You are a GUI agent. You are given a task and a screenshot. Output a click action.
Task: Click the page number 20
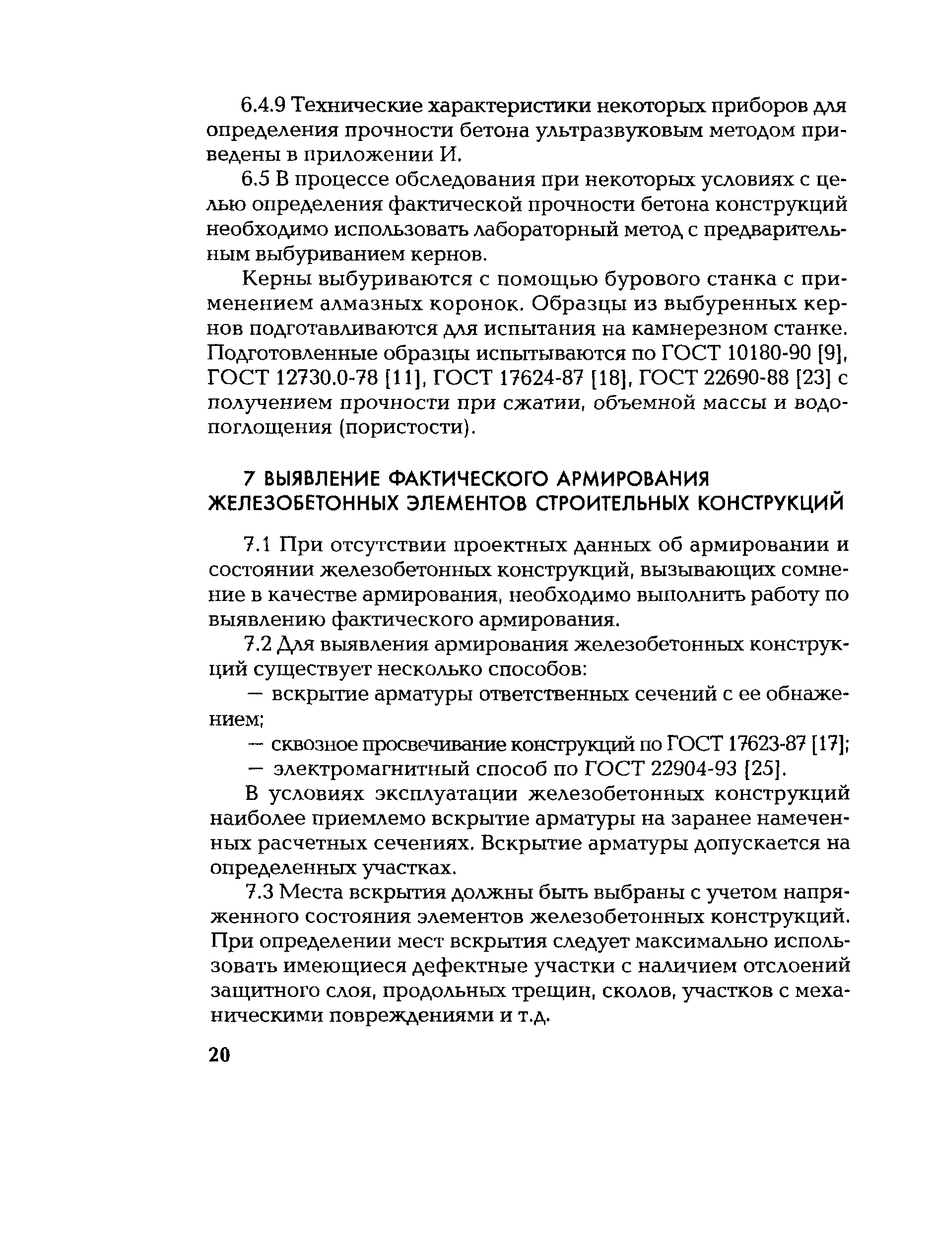pyautogui.click(x=219, y=1055)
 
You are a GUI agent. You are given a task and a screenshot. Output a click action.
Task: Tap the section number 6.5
pyautogui.click(x=257, y=180)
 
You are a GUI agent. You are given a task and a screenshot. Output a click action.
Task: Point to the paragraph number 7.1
pyautogui.click(x=258, y=545)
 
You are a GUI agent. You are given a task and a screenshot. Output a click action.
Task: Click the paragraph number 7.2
pyautogui.click(x=258, y=644)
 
